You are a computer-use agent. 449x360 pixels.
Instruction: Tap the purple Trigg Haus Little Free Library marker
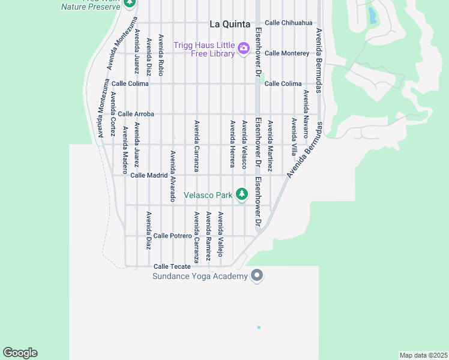pyautogui.click(x=243, y=48)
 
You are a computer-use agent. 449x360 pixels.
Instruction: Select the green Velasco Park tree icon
pyautogui.click(x=241, y=194)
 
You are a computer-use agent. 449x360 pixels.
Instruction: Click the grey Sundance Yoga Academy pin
pyautogui.click(x=257, y=275)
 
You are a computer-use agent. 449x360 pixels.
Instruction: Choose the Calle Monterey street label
pyautogui.click(x=287, y=53)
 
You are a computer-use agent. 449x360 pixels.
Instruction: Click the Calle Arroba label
pyautogui.click(x=136, y=114)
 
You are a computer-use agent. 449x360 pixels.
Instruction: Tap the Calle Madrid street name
pyautogui.click(x=148, y=175)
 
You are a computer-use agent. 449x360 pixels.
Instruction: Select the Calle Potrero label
pyautogui.click(x=172, y=236)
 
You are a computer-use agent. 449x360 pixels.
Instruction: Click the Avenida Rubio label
pyautogui.click(x=161, y=55)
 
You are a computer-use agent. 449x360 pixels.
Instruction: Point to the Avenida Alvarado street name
pyautogui.click(x=173, y=176)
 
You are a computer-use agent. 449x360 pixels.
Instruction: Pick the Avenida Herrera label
pyautogui.click(x=232, y=143)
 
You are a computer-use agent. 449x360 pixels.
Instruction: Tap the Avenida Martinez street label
pyautogui.click(x=270, y=146)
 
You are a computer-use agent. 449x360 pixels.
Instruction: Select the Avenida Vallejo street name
pyautogui.click(x=221, y=235)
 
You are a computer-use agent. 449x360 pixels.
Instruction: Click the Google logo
pyautogui.click(x=20, y=353)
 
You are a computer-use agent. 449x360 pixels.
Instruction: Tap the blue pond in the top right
pyautogui.click(x=373, y=15)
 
